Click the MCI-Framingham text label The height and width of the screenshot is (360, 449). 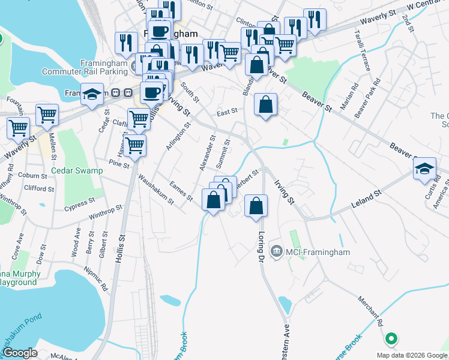point(318,252)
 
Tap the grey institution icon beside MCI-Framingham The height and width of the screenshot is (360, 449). point(276,250)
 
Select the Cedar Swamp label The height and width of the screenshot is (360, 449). point(77,170)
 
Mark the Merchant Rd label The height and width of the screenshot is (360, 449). point(372,310)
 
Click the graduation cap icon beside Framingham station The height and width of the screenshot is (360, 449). point(92,94)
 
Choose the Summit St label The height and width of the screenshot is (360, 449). point(223,154)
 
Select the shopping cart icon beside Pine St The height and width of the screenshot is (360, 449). point(134,145)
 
